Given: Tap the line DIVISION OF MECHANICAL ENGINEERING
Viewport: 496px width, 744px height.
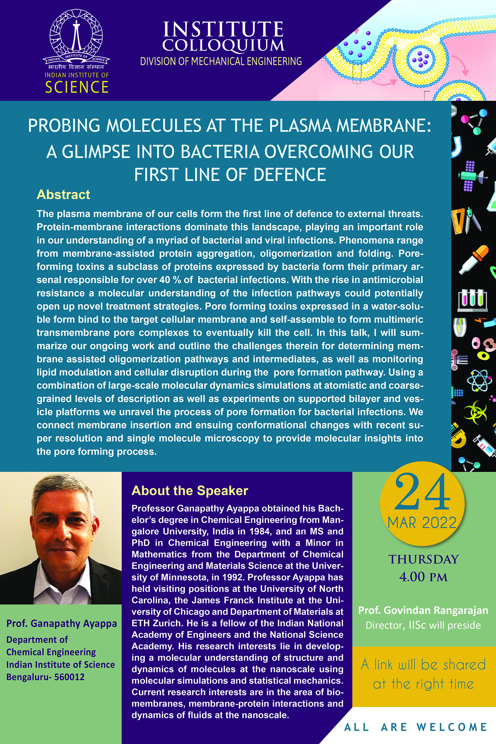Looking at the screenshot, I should (221, 62).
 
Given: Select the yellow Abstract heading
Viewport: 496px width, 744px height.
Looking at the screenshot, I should (63, 195).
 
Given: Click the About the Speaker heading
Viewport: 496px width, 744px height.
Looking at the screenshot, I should (190, 491).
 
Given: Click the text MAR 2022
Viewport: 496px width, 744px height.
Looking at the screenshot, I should (422, 523).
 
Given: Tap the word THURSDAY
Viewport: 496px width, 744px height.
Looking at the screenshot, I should (424, 559).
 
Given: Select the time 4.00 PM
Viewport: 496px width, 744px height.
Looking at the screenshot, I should (423, 577).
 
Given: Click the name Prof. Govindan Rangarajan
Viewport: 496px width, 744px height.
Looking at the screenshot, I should (423, 610).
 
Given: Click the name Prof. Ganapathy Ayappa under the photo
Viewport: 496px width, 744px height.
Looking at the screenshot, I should (62, 623).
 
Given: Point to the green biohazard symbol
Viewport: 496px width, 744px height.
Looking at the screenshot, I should (475, 412).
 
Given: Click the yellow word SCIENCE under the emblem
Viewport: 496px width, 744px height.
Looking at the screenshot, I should (77, 87).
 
